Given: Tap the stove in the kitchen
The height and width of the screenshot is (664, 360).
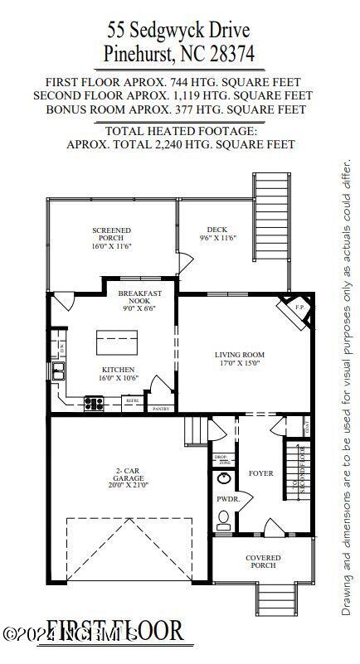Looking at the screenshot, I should tap(94, 404).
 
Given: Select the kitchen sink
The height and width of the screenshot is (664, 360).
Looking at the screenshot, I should tap(60, 371).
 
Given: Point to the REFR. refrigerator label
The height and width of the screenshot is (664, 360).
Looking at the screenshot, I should tap(132, 401).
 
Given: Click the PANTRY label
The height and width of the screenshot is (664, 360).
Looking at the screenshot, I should tap(161, 409).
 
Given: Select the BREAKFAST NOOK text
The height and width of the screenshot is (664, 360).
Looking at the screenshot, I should tap(139, 299).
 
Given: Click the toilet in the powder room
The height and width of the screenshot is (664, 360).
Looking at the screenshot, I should tap(223, 520).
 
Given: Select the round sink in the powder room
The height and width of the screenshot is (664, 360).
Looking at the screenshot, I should tap(224, 478).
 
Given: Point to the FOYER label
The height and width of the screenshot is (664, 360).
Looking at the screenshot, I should tap(261, 473).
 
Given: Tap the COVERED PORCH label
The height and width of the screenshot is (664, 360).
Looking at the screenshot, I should tap(263, 562).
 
